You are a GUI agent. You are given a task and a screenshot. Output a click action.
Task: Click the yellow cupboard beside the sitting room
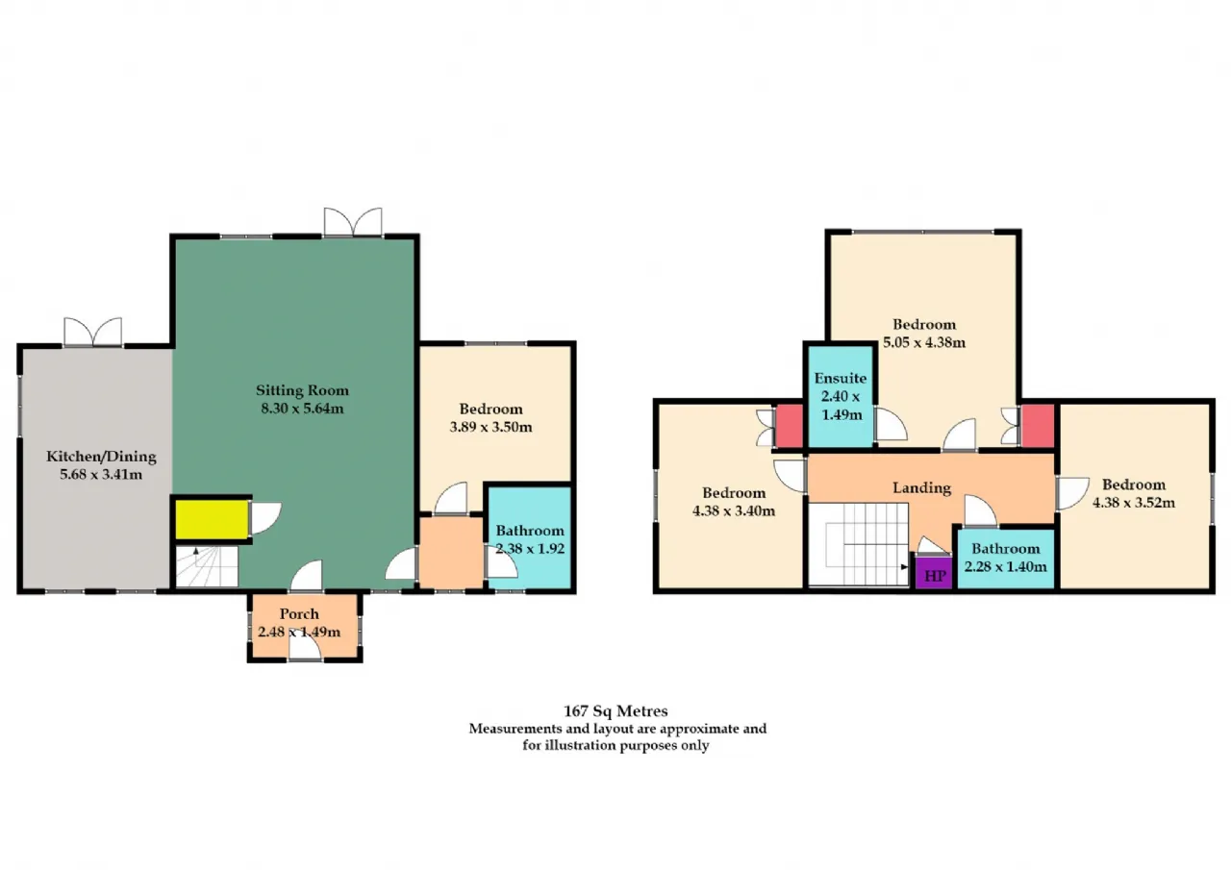(x=212, y=519)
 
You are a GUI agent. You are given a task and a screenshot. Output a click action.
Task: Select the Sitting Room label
(x=302, y=390)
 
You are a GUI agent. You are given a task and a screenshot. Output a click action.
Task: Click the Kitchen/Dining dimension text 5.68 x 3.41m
(x=101, y=474)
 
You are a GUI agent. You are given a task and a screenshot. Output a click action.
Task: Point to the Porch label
(x=299, y=613)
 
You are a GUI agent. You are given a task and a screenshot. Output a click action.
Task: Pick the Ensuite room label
(x=841, y=378)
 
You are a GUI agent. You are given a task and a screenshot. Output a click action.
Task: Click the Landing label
(x=921, y=487)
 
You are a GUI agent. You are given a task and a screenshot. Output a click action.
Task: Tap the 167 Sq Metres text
(x=615, y=710)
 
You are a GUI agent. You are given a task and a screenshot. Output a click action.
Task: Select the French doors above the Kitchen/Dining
(x=93, y=332)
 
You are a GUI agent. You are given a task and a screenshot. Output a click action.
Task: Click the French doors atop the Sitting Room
(x=353, y=222)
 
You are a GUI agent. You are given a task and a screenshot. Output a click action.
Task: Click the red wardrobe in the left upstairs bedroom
(x=789, y=426)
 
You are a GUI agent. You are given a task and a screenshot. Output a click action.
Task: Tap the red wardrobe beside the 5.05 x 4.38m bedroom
(x=1037, y=426)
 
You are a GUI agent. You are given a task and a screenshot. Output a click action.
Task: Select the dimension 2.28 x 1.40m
(x=1005, y=566)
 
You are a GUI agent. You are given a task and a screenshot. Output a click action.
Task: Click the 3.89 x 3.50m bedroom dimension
(x=490, y=427)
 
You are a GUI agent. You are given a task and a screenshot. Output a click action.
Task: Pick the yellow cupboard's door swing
(x=266, y=518)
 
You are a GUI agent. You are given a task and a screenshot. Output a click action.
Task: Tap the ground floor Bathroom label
(x=530, y=531)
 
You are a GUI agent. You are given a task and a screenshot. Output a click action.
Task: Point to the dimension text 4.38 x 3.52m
(x=1134, y=503)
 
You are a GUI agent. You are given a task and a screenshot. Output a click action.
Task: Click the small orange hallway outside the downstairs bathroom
(x=451, y=553)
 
